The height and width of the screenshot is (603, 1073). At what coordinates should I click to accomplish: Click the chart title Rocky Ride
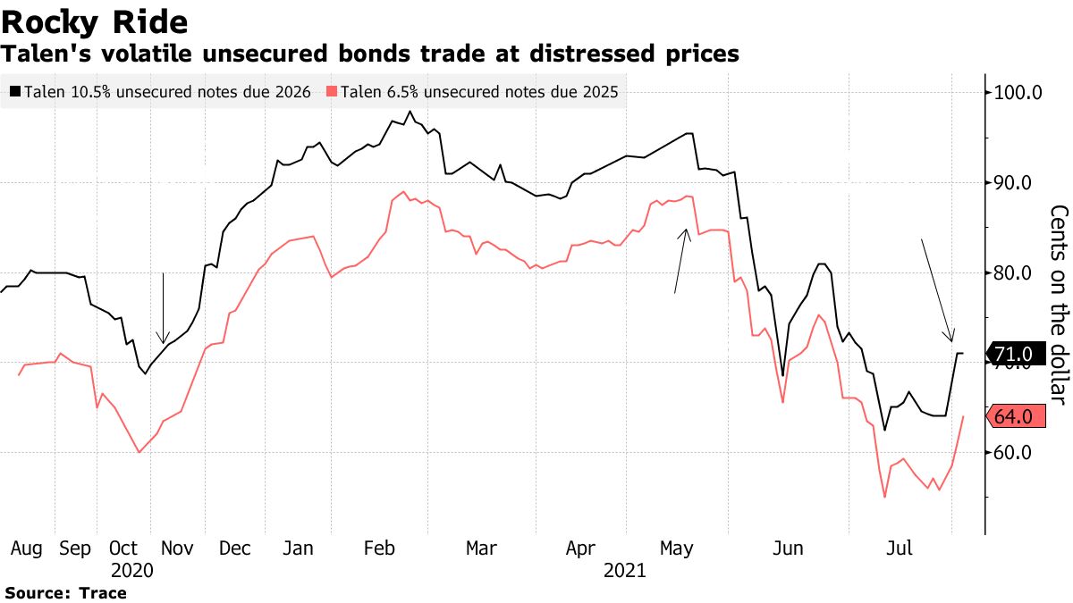(94, 21)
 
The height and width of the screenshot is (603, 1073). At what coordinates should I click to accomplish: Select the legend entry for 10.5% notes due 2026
(160, 91)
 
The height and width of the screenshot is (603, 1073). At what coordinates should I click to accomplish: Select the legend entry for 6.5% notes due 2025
(473, 91)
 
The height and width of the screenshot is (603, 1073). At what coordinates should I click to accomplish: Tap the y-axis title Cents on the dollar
(1059, 304)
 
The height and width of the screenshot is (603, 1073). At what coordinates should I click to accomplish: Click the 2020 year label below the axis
(132, 570)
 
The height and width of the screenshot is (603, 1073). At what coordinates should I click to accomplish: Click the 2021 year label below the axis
(624, 570)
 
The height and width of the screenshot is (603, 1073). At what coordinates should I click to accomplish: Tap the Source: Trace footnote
(66, 592)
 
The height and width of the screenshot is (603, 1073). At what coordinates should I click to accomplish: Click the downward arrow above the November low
(163, 308)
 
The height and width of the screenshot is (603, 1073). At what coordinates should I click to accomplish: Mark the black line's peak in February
(410, 112)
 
